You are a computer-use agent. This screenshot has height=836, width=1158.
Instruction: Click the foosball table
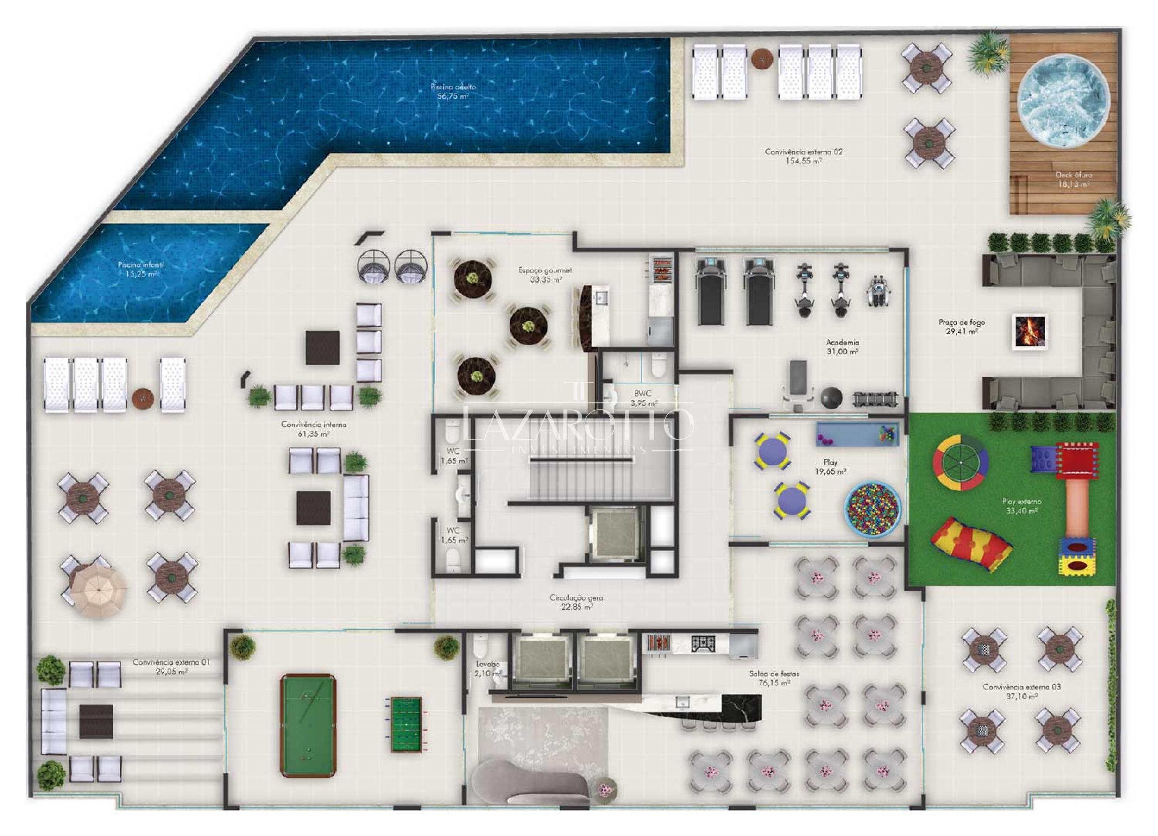406,724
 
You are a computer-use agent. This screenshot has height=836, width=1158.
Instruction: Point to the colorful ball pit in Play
873,509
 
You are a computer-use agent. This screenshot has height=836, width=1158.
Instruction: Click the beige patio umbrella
99,592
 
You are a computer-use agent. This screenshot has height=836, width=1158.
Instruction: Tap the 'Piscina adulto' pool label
453,91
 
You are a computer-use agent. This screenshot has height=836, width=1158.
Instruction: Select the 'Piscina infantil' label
141,270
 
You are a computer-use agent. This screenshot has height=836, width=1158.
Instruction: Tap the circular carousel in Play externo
960,463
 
